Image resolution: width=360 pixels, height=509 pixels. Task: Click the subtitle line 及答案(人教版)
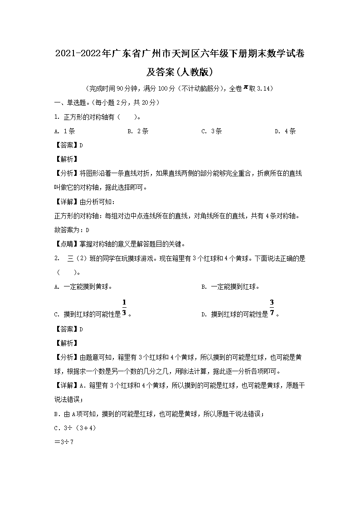pyautogui.click(x=180, y=72)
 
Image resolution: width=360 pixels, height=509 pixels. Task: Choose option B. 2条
pyautogui.click(x=138, y=131)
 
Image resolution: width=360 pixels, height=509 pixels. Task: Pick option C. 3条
pyautogui.click(x=211, y=131)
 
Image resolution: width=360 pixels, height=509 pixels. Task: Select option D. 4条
pyautogui.click(x=285, y=131)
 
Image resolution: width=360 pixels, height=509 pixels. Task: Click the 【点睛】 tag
pyautogui.click(x=66, y=244)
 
